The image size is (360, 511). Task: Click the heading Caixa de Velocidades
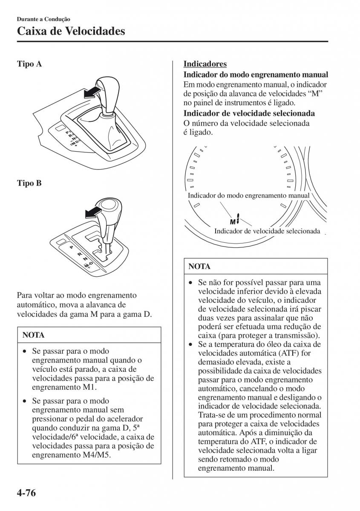pyautogui.click(x=71, y=31)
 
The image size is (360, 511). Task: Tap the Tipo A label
pyautogui.click(x=29, y=64)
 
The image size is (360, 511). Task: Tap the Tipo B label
pyautogui.click(x=29, y=183)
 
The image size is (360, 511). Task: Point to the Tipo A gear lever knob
pyautogui.click(x=107, y=92)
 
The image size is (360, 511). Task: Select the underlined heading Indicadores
pyautogui.click(x=205, y=64)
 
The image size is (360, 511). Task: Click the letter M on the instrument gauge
pyautogui.click(x=233, y=222)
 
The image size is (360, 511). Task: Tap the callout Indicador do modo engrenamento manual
pyautogui.click(x=248, y=195)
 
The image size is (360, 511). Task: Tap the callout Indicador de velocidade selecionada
pyautogui.click(x=267, y=231)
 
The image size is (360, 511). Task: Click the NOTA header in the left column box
pyautogui.click(x=33, y=335)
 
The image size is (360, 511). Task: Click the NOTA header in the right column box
pyautogui.click(x=199, y=267)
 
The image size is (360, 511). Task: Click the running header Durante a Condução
pyautogui.click(x=43, y=19)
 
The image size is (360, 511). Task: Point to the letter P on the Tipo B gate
pyautogui.click(x=71, y=247)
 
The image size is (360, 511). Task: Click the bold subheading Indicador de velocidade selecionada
pyautogui.click(x=249, y=113)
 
